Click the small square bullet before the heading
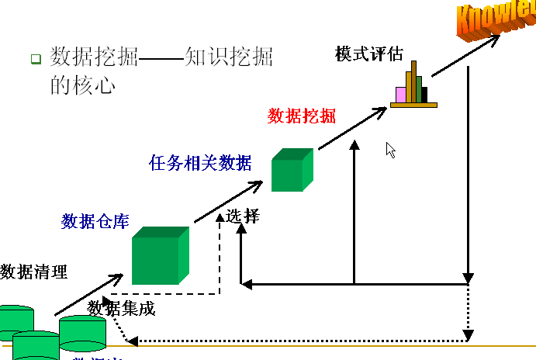tap(36, 59)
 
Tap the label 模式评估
tap(369, 54)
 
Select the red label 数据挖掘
tap(302, 116)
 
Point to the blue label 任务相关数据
tap(200, 163)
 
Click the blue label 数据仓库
tap(95, 222)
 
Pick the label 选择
tap(242, 216)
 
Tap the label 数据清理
tap(34, 272)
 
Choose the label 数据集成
tap(121, 309)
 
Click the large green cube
tap(159, 257)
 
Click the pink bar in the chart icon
tap(401, 95)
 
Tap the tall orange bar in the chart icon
tap(413, 81)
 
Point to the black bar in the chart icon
tap(424, 95)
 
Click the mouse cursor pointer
tap(391, 150)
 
